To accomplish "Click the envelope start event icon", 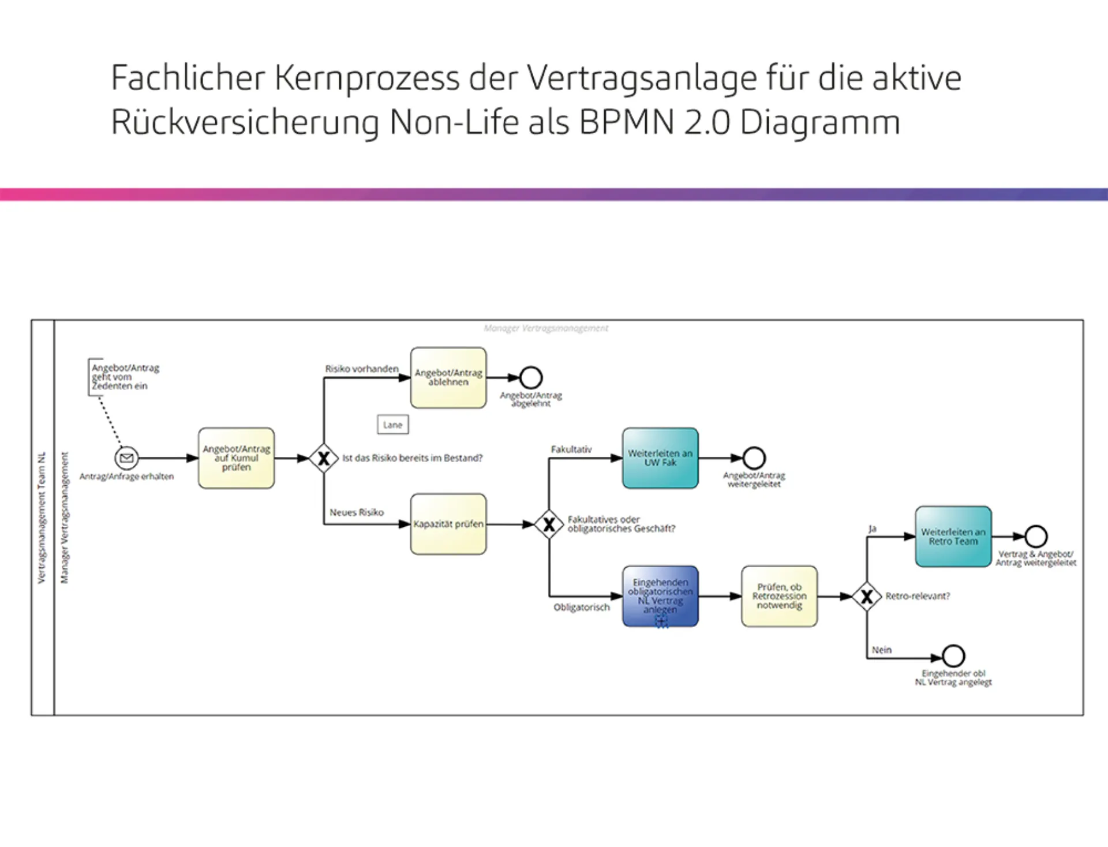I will pyautogui.click(x=126, y=458).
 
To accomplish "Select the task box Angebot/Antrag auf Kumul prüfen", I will pyautogui.click(x=236, y=458).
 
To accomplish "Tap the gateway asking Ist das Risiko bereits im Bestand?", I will pyautogui.click(x=324, y=458).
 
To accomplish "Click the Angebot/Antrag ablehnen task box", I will pyautogui.click(x=448, y=377).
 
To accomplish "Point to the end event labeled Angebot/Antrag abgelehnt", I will pyautogui.click(x=530, y=377).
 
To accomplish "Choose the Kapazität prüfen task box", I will pyautogui.click(x=448, y=524).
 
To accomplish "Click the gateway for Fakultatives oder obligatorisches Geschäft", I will pyautogui.click(x=549, y=524).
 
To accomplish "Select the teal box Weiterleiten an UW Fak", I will pyautogui.click(x=660, y=458).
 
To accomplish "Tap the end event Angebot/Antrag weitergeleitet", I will pyautogui.click(x=754, y=458).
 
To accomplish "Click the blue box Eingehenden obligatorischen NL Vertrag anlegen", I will pyautogui.click(x=660, y=595).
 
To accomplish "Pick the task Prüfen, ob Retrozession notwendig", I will pyautogui.click(x=779, y=595).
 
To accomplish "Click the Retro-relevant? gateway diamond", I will pyautogui.click(x=867, y=596).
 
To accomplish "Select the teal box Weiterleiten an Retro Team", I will pyautogui.click(x=953, y=537).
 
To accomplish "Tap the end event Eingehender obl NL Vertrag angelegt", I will pyautogui.click(x=953, y=656).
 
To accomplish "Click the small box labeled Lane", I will pyautogui.click(x=392, y=425).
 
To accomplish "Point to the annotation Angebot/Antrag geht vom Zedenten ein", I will pyautogui.click(x=125, y=377).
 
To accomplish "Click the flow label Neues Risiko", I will pyautogui.click(x=357, y=512).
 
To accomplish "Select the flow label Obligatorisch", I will pyautogui.click(x=581, y=607).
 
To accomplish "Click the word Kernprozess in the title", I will pyautogui.click(x=366, y=78).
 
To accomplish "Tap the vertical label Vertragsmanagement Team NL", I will pyautogui.click(x=42, y=517).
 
